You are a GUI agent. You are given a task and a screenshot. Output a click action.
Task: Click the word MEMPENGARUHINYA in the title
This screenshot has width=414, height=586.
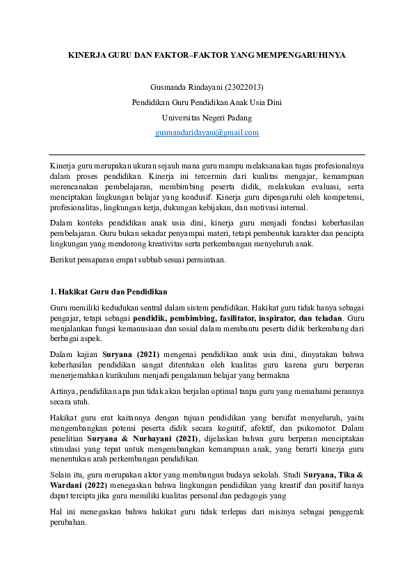[x=301, y=54]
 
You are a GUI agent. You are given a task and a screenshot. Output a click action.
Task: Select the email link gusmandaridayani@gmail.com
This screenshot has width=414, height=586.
[x=207, y=132]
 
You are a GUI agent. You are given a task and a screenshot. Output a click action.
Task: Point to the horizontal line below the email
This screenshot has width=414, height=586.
[x=207, y=155]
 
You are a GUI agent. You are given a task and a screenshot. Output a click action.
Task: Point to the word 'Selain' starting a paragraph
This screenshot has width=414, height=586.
[x=61, y=473]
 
